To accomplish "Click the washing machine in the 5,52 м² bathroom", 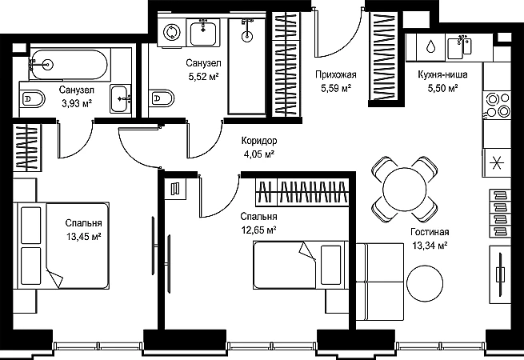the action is (172, 32).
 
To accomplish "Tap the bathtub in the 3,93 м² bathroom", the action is (70, 65).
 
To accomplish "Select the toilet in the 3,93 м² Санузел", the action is (32, 98).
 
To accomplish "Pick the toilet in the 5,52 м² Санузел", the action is (162, 98).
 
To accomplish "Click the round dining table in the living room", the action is (405, 189).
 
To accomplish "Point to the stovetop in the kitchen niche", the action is (497, 105).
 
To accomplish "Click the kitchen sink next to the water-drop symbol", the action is (459, 47).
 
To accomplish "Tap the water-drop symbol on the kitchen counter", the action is (430, 46).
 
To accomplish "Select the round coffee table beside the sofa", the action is (425, 282).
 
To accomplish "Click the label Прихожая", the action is (336, 74).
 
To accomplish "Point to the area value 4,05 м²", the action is (259, 154).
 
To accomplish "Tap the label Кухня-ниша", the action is (442, 74).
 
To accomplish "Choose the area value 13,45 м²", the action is (83, 237).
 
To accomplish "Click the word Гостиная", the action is (430, 232).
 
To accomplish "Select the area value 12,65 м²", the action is (258, 230).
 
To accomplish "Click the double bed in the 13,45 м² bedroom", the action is (62, 246).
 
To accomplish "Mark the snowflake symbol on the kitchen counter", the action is (497, 163).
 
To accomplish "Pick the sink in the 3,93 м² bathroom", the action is (119, 98).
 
